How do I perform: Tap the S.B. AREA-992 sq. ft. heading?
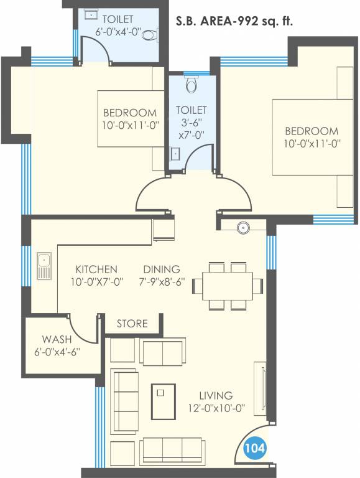point(235,22)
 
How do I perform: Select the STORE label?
point(132,324)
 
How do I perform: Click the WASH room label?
point(57,339)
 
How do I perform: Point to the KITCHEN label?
point(96,269)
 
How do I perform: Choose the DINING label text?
point(162,269)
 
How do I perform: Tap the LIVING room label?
point(216,395)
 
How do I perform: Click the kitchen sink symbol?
point(43,266)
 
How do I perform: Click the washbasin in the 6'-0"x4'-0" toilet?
point(91,14)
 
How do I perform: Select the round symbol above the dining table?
point(242,228)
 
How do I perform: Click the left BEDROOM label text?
point(130,113)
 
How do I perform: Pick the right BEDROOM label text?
point(312,131)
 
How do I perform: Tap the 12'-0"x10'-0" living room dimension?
point(216,409)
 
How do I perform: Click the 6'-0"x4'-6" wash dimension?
point(57,352)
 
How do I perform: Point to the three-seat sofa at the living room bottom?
point(172,448)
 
